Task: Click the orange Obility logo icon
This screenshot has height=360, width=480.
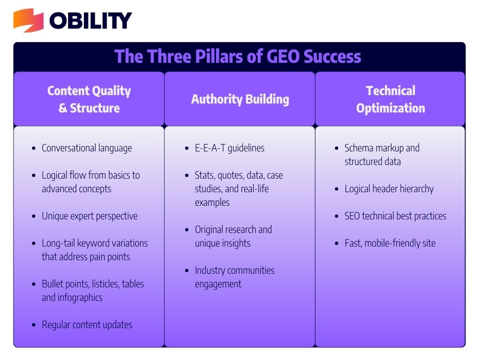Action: pos(28,20)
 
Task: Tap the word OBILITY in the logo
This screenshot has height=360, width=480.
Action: pos(90,21)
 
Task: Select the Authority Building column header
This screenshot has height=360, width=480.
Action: pos(240,99)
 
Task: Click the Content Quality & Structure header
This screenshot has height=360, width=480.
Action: pos(89,99)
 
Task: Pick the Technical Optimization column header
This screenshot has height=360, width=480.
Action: pos(390,99)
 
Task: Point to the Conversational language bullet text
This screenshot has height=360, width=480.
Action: pos(87,148)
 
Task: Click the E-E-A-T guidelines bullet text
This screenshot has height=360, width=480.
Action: pos(230,148)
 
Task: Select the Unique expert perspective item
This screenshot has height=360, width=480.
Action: pos(90,216)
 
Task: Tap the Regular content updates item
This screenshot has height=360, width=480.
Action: pos(87,325)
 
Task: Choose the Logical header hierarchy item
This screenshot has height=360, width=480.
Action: pos(389,189)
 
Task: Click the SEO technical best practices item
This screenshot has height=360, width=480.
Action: pos(395,216)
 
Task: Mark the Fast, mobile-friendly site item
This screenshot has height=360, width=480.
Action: pos(390,243)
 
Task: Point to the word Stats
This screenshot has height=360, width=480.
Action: pos(205,175)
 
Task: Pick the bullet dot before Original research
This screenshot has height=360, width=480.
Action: pos(187,230)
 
